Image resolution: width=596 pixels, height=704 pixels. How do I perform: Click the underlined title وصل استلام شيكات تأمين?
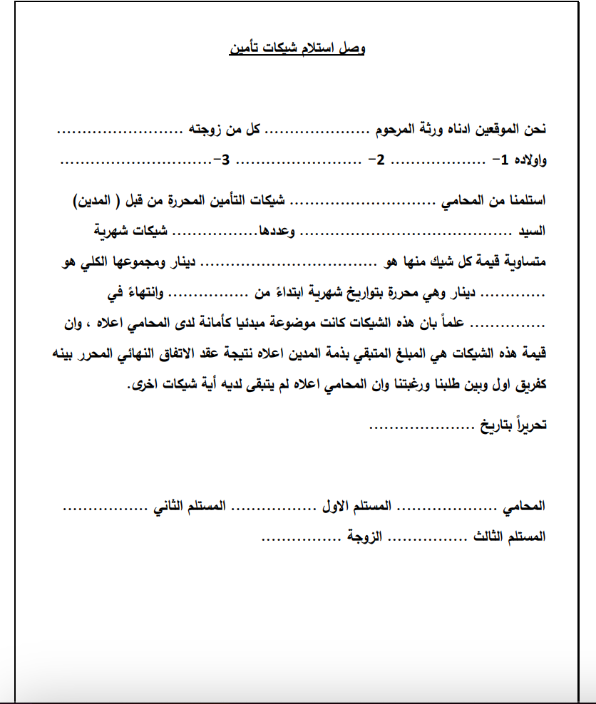pyautogui.click(x=297, y=48)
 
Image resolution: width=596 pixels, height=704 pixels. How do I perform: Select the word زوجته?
pyautogui.click(x=206, y=130)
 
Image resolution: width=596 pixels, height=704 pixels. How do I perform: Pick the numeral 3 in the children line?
pyautogui.click(x=226, y=160)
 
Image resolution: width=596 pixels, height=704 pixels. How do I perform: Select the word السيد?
pyautogui.click(x=532, y=232)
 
